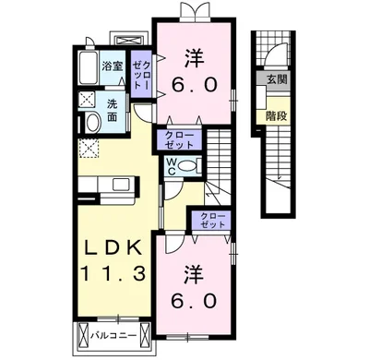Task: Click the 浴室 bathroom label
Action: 113,66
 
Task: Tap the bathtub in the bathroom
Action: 89,67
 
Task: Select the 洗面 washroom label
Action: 112,111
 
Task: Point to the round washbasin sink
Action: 93,123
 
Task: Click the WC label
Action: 172,166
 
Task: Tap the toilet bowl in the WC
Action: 188,166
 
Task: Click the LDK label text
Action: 113,247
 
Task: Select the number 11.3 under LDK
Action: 113,274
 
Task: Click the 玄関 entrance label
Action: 277,80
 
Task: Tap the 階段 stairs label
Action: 277,115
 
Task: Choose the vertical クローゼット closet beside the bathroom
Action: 141,75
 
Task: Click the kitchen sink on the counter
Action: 122,185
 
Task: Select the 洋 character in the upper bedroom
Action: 195,59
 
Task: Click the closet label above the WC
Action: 179,140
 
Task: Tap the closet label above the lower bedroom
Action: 212,221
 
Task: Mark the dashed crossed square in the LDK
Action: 89,148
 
